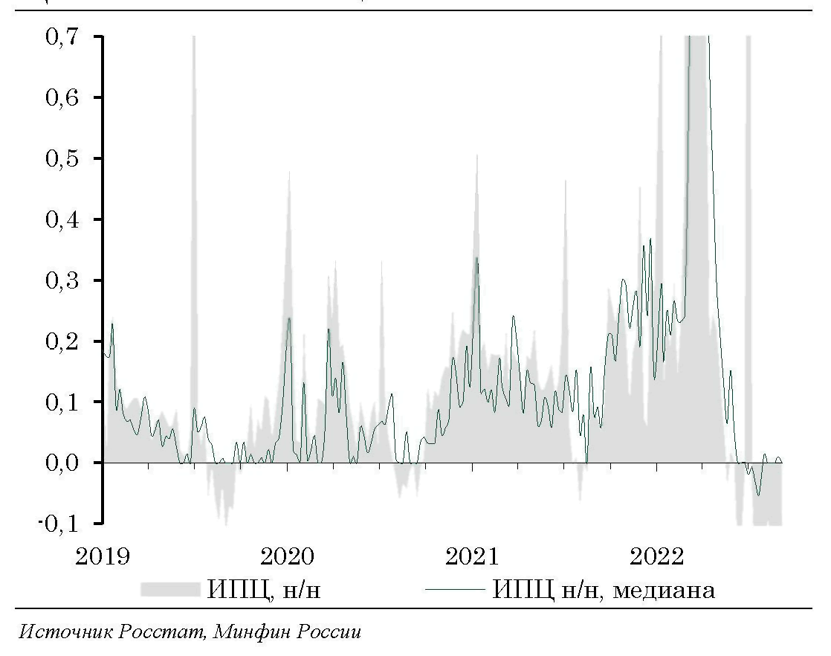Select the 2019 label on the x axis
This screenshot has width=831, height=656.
coord(103,556)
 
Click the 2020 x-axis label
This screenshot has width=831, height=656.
coord(288,556)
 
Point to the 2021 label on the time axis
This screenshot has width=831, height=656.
coord(472,556)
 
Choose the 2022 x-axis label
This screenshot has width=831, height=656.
coord(656,556)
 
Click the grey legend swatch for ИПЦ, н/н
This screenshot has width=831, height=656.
coord(170,591)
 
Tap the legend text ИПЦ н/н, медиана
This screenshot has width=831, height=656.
coord(604,591)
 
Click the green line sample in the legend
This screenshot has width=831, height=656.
coord(455,591)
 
